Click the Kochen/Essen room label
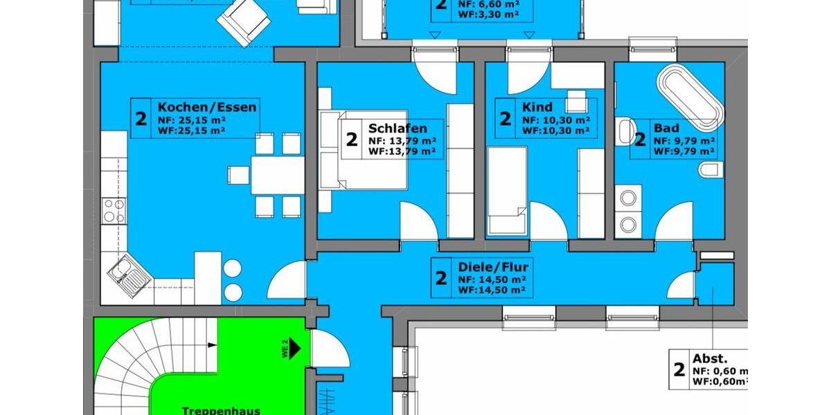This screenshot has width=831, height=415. (x=207, y=107)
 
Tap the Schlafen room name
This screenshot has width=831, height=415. (x=397, y=128)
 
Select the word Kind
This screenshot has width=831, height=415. (x=538, y=107)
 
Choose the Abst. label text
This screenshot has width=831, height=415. (x=710, y=358)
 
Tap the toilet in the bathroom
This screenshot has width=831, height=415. (x=710, y=169)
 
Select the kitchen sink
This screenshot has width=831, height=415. (x=129, y=275)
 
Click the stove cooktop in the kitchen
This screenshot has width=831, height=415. (x=113, y=210)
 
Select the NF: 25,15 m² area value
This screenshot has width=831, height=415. (x=193, y=120)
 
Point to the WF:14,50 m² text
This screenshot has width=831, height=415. (x=491, y=289)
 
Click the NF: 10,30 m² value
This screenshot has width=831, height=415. (x=555, y=120)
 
